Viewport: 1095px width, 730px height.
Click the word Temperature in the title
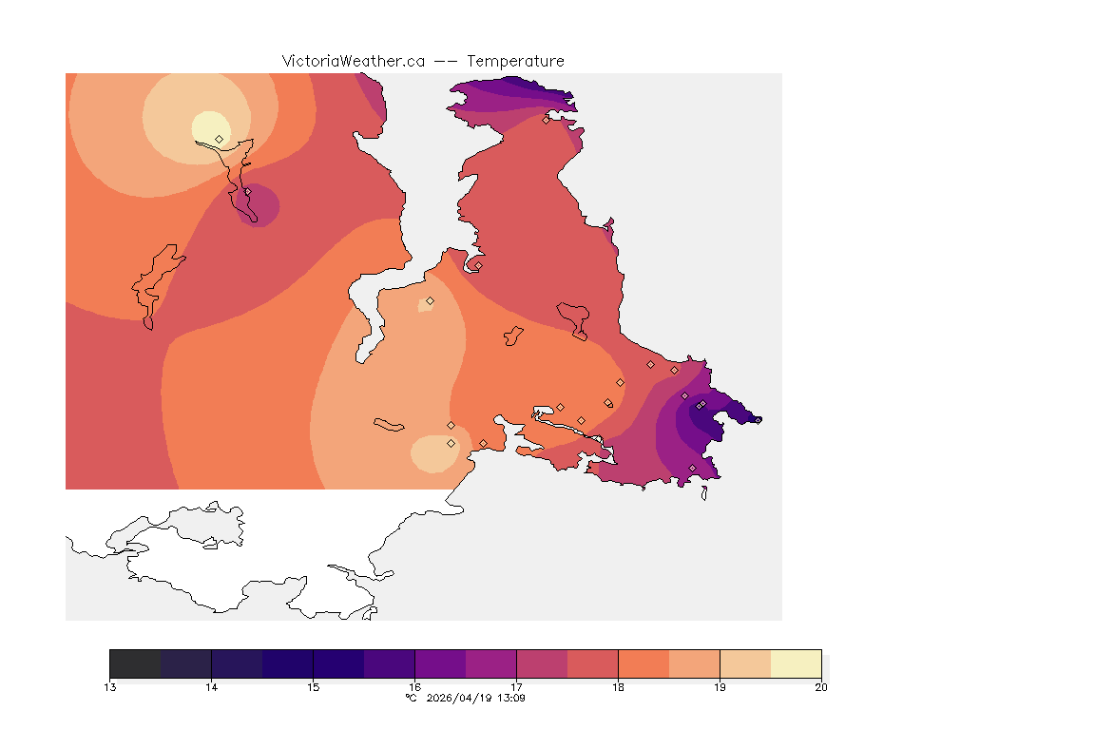pyautogui.click(x=515, y=61)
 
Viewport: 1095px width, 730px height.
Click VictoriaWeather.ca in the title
pyautogui.click(x=353, y=61)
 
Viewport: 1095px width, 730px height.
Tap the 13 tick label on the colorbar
pyautogui.click(x=110, y=687)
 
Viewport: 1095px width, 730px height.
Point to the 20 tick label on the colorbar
pyautogui.click(x=821, y=687)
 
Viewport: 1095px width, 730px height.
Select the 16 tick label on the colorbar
pyautogui.click(x=415, y=687)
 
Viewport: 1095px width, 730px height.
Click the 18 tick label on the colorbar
pyautogui.click(x=618, y=687)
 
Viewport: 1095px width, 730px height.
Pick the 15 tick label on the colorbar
pyautogui.click(x=314, y=687)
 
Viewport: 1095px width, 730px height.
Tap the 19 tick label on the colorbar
pyautogui.click(x=720, y=687)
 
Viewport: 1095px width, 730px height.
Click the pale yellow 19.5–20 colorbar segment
pyautogui.click(x=796, y=663)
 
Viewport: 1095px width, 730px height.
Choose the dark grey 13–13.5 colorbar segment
pyautogui.click(x=136, y=663)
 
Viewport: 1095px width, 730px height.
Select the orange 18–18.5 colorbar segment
pyautogui.click(x=644, y=663)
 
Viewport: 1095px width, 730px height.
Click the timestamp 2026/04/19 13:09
pyautogui.click(x=472, y=698)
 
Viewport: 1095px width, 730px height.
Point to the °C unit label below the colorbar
pyautogui.click(x=411, y=698)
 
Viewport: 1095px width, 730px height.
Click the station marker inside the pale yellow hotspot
pyautogui.click(x=220, y=139)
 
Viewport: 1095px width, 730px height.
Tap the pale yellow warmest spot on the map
pyautogui.click(x=209, y=125)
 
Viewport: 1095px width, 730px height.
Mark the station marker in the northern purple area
pyautogui.click(x=547, y=120)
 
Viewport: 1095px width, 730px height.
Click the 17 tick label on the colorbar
pyautogui.click(x=516, y=687)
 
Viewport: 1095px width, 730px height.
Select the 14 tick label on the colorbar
pyautogui.click(x=212, y=687)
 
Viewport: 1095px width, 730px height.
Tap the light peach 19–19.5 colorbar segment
pyautogui.click(x=745, y=663)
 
